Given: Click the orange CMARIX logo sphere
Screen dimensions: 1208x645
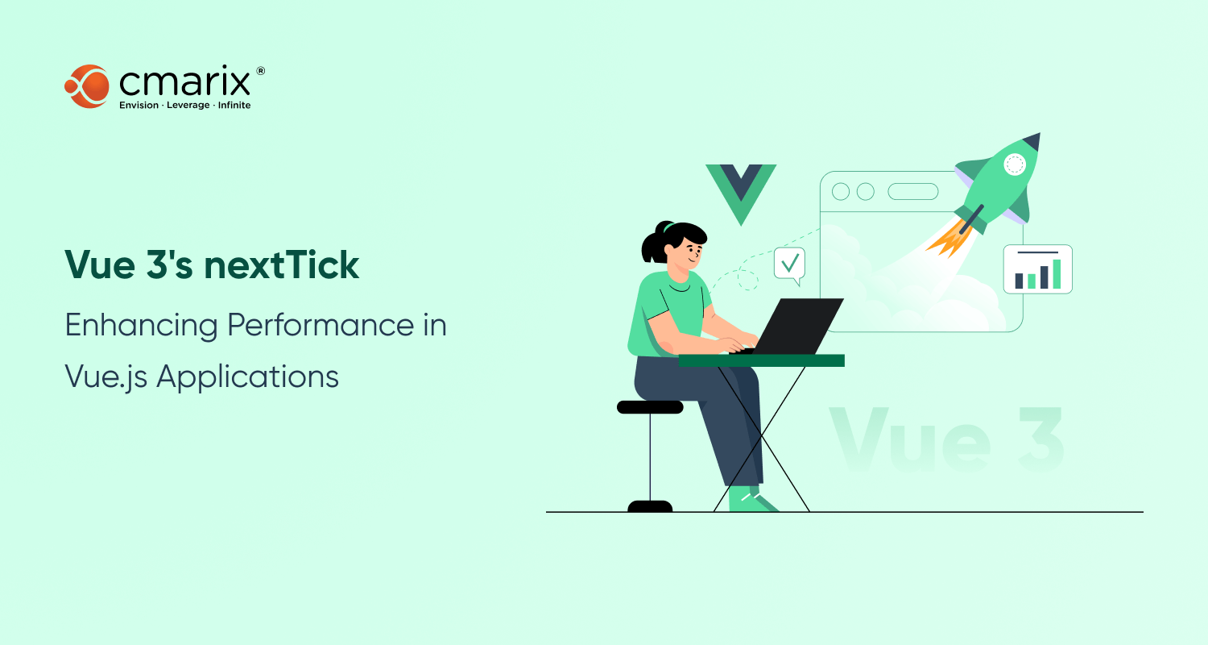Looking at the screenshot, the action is click(87, 86).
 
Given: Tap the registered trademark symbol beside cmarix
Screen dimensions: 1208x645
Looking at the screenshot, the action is click(260, 71).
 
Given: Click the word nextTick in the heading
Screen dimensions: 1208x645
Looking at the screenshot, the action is click(282, 265).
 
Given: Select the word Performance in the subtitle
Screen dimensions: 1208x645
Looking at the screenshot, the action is click(321, 326).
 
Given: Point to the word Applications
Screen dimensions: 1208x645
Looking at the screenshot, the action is click(247, 377).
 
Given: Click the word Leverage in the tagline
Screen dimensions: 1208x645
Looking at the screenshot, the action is click(188, 106).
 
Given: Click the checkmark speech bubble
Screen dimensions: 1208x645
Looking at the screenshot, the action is click(790, 264).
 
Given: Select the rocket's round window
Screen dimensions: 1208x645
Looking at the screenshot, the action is click(1015, 164).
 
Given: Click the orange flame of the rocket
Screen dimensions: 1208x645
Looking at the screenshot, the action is click(950, 238).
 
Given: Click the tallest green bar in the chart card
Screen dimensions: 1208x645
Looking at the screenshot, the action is click(1057, 274).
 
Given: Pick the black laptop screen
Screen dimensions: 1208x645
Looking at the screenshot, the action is click(798, 326).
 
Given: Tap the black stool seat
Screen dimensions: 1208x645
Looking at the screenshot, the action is click(650, 407).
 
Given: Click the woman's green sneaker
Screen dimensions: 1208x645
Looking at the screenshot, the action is click(751, 499).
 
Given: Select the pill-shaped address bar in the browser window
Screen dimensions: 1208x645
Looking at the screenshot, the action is click(913, 192).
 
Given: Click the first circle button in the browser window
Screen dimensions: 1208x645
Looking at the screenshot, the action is click(841, 192).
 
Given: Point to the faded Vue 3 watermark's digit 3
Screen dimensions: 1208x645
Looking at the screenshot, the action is click(1040, 439).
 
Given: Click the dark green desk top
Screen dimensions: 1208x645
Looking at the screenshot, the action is click(762, 360).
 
